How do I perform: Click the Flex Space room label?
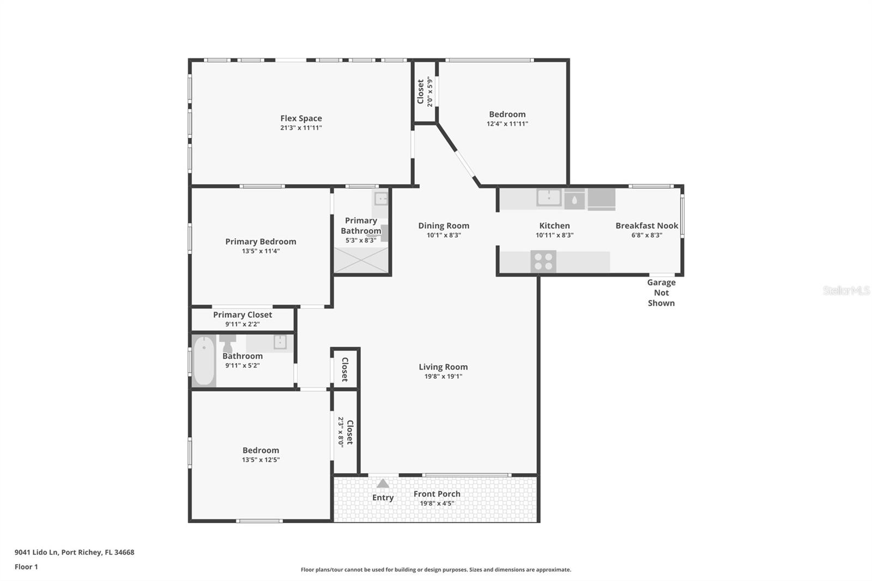point(301,118)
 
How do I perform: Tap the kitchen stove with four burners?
point(543,262)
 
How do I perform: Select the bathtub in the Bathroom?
point(204,361)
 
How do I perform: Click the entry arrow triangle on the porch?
point(383,483)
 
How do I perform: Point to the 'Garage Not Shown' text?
point(661,293)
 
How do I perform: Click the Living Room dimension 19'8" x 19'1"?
point(443,377)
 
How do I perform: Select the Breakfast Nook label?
point(647,226)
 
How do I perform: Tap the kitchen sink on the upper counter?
point(548,197)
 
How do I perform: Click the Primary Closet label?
point(243,314)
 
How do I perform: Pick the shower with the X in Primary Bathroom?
point(361,260)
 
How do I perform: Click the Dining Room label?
point(444,226)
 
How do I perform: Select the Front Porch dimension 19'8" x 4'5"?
point(437,504)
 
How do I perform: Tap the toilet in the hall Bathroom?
point(227,344)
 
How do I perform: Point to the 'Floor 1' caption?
point(26,567)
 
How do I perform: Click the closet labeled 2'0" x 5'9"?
point(425,92)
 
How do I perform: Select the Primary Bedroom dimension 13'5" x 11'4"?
point(261,251)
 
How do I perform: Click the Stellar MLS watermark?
point(846,290)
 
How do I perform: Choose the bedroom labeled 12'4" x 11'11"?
point(507,119)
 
